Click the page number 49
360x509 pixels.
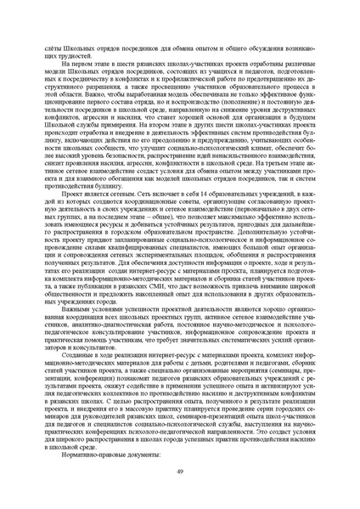pos(180,473)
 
